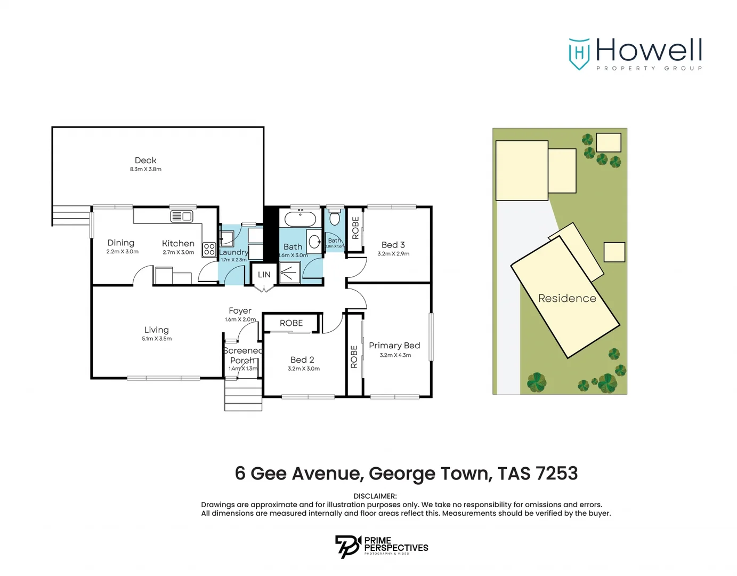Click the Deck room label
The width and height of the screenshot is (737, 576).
(145, 160)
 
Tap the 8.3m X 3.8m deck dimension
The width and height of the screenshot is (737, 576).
(145, 169)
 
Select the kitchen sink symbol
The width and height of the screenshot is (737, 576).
(182, 216)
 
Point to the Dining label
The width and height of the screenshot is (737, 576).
(121, 243)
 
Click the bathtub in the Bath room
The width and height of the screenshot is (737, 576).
(300, 219)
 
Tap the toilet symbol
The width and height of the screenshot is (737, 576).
(335, 218)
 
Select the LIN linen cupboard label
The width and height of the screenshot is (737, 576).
(264, 275)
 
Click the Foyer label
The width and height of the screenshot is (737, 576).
(240, 310)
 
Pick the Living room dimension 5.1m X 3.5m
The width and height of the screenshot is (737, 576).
(157, 339)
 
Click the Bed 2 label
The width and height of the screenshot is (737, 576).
(302, 360)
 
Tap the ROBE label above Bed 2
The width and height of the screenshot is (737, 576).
(291, 323)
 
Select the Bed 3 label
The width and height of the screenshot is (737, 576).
(393, 245)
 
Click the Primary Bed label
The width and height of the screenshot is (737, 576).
(394, 346)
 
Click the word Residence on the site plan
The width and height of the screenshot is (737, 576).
(567, 298)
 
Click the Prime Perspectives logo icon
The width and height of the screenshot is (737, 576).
(347, 547)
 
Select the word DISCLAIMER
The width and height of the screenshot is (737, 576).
(375, 496)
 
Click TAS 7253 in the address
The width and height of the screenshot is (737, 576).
(538, 473)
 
